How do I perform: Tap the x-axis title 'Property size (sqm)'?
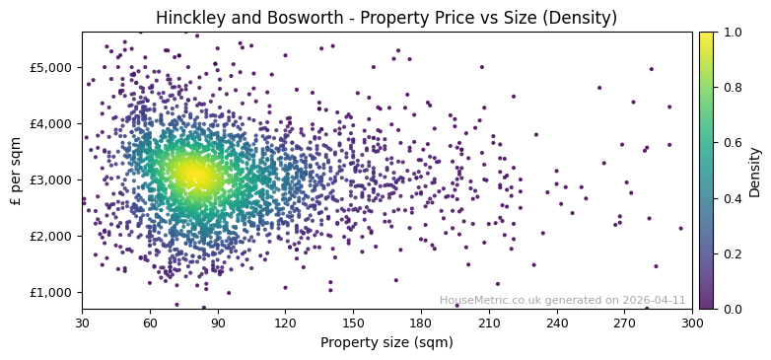pos(386,343)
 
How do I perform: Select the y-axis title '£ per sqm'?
pos(16,171)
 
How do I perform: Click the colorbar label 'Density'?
pos(755,171)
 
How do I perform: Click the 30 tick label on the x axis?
pos(82,323)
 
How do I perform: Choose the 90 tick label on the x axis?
pos(218,323)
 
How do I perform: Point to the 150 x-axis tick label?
pos(353,323)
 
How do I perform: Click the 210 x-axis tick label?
pos(489,323)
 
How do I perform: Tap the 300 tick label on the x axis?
pos(692,323)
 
